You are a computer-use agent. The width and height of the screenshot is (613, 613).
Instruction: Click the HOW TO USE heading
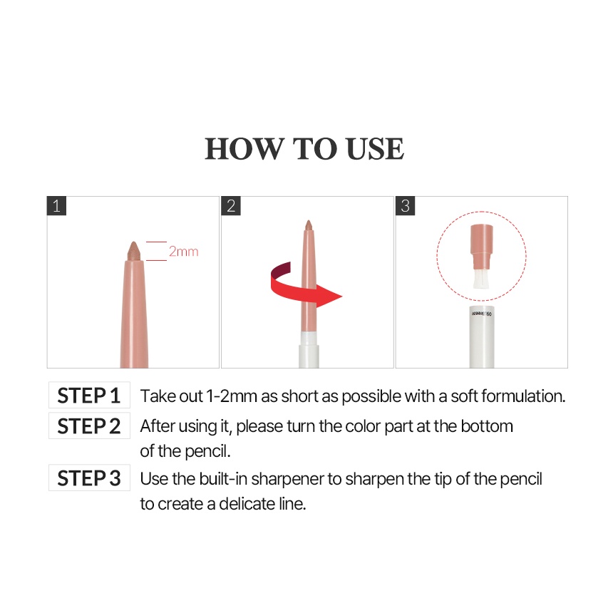(x=304, y=149)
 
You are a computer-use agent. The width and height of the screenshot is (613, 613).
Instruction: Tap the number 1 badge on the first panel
(x=57, y=206)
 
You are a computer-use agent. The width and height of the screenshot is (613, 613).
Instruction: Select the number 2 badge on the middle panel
(x=231, y=206)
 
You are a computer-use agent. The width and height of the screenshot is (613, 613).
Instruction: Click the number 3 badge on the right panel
(x=406, y=206)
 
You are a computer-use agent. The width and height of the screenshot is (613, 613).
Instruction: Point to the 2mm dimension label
(x=183, y=252)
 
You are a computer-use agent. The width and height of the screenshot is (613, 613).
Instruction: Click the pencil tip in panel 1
(x=134, y=250)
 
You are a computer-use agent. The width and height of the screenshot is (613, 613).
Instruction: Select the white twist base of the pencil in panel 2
(x=309, y=350)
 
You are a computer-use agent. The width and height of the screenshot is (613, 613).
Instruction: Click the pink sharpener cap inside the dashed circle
(x=482, y=247)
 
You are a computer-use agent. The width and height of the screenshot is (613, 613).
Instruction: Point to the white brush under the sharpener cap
(x=481, y=279)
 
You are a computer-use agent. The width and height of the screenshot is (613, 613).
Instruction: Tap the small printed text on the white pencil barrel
(x=482, y=314)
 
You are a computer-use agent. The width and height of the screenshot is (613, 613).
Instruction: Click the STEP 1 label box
(x=89, y=396)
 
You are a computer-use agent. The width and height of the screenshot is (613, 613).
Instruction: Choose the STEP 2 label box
(x=89, y=426)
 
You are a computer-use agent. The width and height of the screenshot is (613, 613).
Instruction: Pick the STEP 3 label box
(x=89, y=478)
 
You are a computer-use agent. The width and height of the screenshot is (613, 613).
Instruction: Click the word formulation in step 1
(x=523, y=396)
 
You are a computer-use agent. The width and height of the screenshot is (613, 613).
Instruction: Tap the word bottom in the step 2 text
(x=487, y=426)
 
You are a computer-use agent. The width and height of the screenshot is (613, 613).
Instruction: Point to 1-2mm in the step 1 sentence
(x=232, y=396)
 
